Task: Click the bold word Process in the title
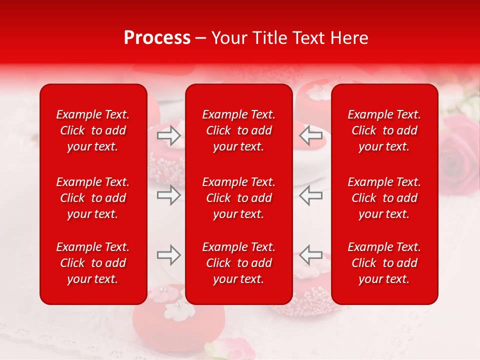pos(157,38)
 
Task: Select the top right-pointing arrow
pos(169,135)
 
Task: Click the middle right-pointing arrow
pos(169,195)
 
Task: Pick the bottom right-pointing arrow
pos(169,255)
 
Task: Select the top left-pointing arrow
pos(310,135)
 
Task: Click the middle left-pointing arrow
pos(310,195)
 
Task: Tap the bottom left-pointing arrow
pos(310,255)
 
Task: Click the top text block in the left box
pos(93,130)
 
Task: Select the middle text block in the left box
pos(93,198)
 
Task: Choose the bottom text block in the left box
pos(93,263)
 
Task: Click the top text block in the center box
pos(238,130)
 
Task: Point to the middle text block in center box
pos(238,198)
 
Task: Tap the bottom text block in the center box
pos(238,263)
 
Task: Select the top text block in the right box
pos(384,130)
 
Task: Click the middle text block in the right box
pos(384,198)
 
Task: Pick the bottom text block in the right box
pos(384,263)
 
